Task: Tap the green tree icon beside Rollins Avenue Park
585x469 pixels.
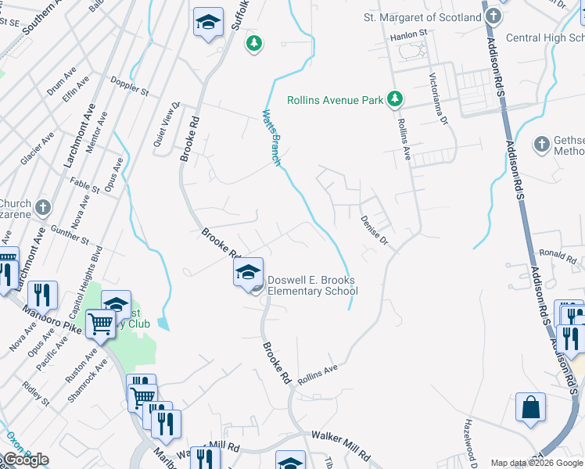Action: click(x=397, y=98)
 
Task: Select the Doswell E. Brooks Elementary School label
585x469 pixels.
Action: click(x=312, y=285)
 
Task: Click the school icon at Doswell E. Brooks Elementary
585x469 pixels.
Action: click(x=248, y=273)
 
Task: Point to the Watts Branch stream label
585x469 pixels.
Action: click(x=271, y=137)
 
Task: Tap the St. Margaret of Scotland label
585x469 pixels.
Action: click(x=423, y=17)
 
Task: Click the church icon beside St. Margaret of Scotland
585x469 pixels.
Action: click(x=493, y=16)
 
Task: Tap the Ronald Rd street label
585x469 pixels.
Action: click(x=558, y=254)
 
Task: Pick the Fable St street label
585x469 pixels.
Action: click(x=85, y=184)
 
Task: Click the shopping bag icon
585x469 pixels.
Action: click(x=531, y=407)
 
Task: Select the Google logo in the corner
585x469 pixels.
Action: click(x=27, y=460)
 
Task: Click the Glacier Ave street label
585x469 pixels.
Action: click(x=37, y=147)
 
